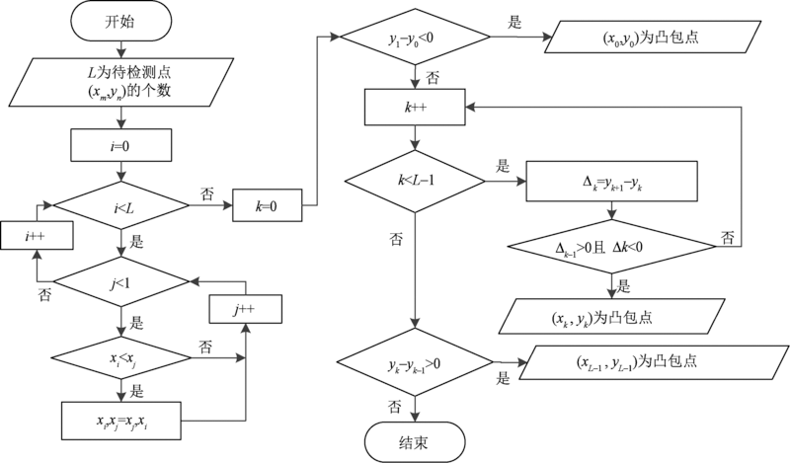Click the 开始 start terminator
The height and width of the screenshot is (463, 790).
120,22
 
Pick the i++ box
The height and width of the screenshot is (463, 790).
35,237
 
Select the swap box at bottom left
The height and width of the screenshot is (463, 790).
120,420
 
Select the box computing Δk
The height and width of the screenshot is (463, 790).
613,181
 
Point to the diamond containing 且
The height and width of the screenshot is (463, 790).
613,246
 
